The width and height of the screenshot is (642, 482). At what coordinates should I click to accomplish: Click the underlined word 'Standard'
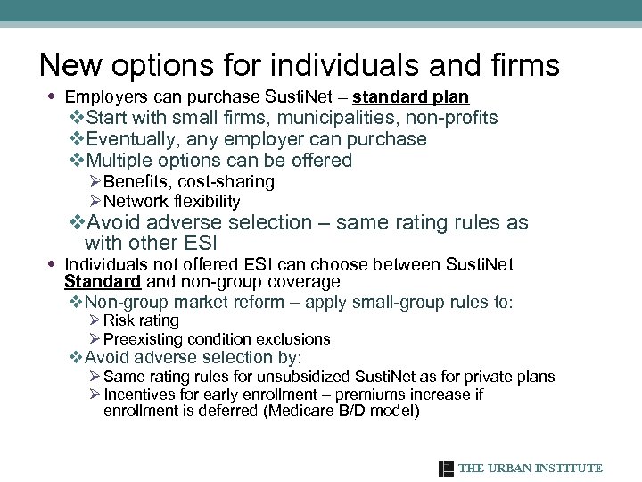point(103,282)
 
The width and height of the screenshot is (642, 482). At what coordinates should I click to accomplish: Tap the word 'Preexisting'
point(142,339)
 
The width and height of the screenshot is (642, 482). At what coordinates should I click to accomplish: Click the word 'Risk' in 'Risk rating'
point(117,320)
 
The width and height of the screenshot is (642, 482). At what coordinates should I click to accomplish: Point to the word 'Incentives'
point(142,395)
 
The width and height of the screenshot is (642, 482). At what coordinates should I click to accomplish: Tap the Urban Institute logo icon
point(447,469)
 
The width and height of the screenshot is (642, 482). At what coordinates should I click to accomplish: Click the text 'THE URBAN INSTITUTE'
point(531,469)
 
